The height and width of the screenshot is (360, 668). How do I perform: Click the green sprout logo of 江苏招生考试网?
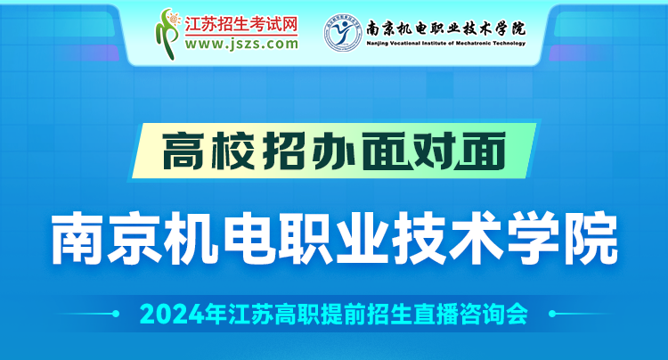pos(168,34)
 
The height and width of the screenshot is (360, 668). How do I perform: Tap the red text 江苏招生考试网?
pos(241,25)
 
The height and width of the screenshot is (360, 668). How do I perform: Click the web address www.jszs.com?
pos(241,44)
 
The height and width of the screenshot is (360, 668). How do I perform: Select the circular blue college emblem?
pos(343,33)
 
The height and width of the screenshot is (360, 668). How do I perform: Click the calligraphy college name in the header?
pos(446,29)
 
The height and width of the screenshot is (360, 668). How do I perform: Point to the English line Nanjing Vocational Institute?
pos(446,43)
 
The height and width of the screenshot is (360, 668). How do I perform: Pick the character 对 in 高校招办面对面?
pos(432,151)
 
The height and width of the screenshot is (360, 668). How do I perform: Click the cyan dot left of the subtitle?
pos(115,314)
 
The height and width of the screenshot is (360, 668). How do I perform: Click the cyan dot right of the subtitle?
pos(552,314)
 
